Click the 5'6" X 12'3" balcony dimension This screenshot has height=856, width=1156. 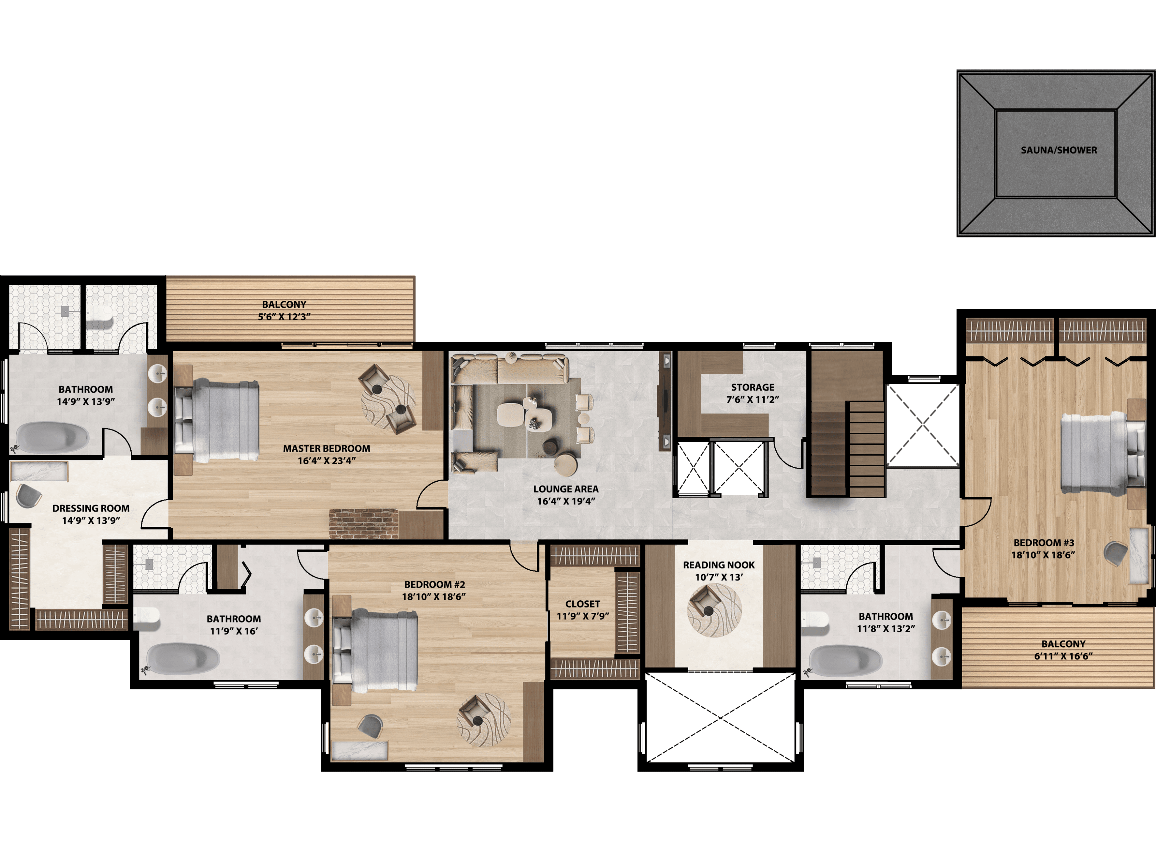(284, 317)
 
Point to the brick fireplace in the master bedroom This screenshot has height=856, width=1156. (364, 524)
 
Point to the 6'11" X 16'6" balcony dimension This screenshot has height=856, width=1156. (1063, 656)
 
